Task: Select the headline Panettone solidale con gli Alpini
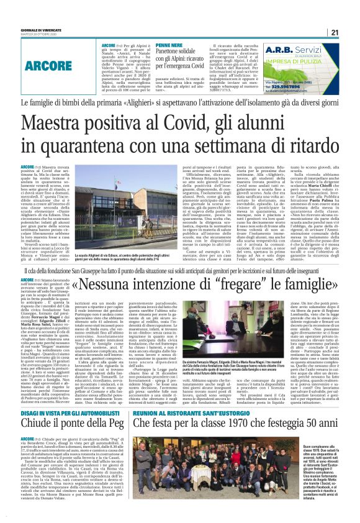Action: click(x=176, y=59)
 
